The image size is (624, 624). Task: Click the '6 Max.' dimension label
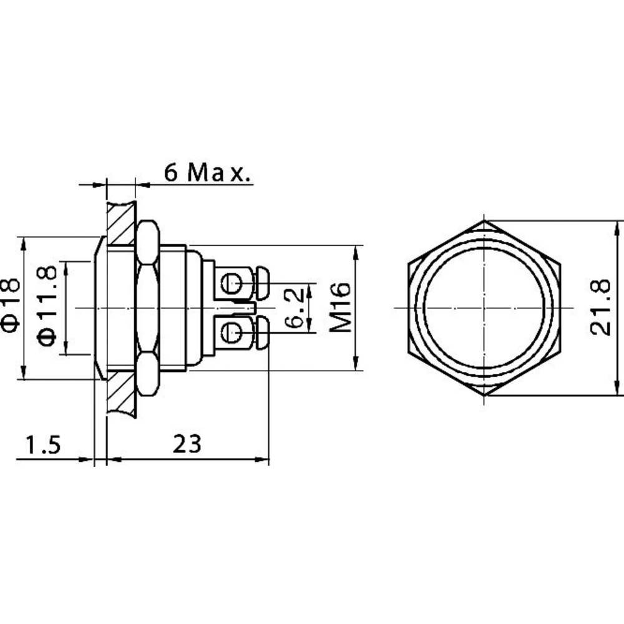(208, 172)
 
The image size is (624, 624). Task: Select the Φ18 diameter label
(12, 304)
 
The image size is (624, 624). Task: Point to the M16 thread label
(340, 307)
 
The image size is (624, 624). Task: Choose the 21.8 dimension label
(600, 308)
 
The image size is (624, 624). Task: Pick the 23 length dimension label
(187, 444)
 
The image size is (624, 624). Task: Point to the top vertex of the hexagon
(484, 221)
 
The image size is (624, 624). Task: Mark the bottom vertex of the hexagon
(484, 395)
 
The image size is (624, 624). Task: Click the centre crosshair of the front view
(484, 308)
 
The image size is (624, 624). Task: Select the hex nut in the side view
(147, 308)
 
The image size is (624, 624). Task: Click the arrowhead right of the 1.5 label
(88, 461)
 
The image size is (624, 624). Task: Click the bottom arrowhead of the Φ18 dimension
(23, 374)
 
